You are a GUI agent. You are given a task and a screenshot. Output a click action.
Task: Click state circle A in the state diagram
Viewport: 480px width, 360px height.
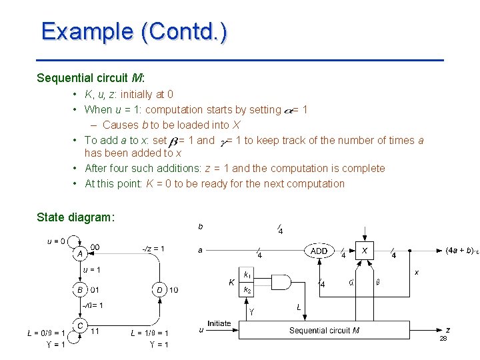tap(79, 253)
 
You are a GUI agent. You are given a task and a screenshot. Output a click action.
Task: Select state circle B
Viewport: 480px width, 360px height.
tap(79, 290)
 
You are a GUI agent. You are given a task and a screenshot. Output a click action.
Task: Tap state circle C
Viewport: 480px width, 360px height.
tap(80, 325)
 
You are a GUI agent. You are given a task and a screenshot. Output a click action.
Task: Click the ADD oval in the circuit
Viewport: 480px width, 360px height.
tap(319, 251)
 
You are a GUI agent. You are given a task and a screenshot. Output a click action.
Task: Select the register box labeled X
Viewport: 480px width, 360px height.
tap(365, 251)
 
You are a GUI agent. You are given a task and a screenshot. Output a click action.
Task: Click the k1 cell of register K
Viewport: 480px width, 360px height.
tap(247, 275)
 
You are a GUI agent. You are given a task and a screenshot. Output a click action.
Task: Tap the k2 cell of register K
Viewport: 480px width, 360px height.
tap(247, 290)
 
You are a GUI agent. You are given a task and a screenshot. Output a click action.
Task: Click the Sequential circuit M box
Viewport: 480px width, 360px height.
tap(325, 329)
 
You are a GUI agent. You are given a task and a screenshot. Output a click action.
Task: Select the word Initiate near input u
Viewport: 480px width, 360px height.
tap(219, 323)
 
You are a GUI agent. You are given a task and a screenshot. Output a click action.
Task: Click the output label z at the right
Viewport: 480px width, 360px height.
tap(447, 329)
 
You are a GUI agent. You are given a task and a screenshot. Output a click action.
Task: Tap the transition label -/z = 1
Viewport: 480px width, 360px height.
tap(153, 249)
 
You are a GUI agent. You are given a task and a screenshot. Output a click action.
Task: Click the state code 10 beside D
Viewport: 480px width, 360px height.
tap(173, 290)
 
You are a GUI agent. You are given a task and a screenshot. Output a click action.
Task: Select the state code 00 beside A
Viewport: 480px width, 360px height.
tap(95, 247)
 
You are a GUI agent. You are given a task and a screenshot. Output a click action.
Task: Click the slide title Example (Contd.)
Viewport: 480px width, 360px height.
tap(134, 31)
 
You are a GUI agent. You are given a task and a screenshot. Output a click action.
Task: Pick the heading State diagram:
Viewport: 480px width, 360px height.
tap(76, 217)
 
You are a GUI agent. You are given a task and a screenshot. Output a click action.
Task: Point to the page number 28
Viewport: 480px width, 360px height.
tap(443, 339)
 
